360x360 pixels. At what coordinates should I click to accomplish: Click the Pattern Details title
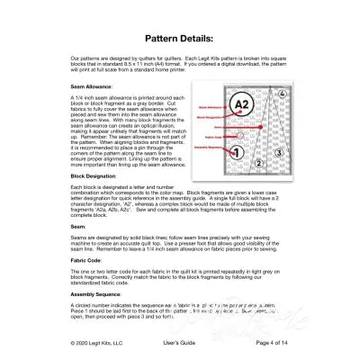click(179, 40)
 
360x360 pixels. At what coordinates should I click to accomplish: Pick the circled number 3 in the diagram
click(279, 154)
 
